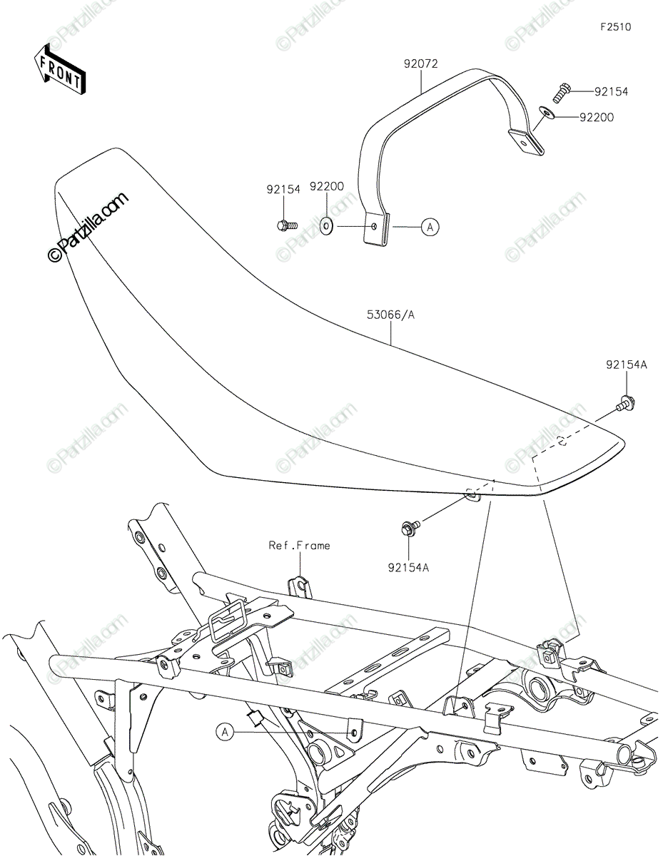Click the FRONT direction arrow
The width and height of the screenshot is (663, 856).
pyautogui.click(x=60, y=69)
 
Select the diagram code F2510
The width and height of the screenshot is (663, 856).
pyautogui.click(x=615, y=27)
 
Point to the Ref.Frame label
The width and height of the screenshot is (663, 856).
pyautogui.click(x=299, y=545)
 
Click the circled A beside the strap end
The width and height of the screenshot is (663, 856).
pyautogui.click(x=430, y=227)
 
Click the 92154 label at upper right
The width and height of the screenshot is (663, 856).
pyautogui.click(x=612, y=92)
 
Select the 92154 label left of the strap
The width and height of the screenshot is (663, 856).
pyautogui.click(x=284, y=190)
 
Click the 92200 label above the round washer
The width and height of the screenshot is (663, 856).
pyautogui.click(x=327, y=186)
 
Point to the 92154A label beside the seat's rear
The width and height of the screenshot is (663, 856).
pyautogui.click(x=627, y=365)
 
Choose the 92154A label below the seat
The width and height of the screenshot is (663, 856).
pyautogui.click(x=408, y=568)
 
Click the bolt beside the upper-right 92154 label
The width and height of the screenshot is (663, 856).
pyautogui.click(x=562, y=91)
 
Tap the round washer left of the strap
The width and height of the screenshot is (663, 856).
pyautogui.click(x=327, y=227)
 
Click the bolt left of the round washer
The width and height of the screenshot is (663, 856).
pyautogui.click(x=285, y=226)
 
